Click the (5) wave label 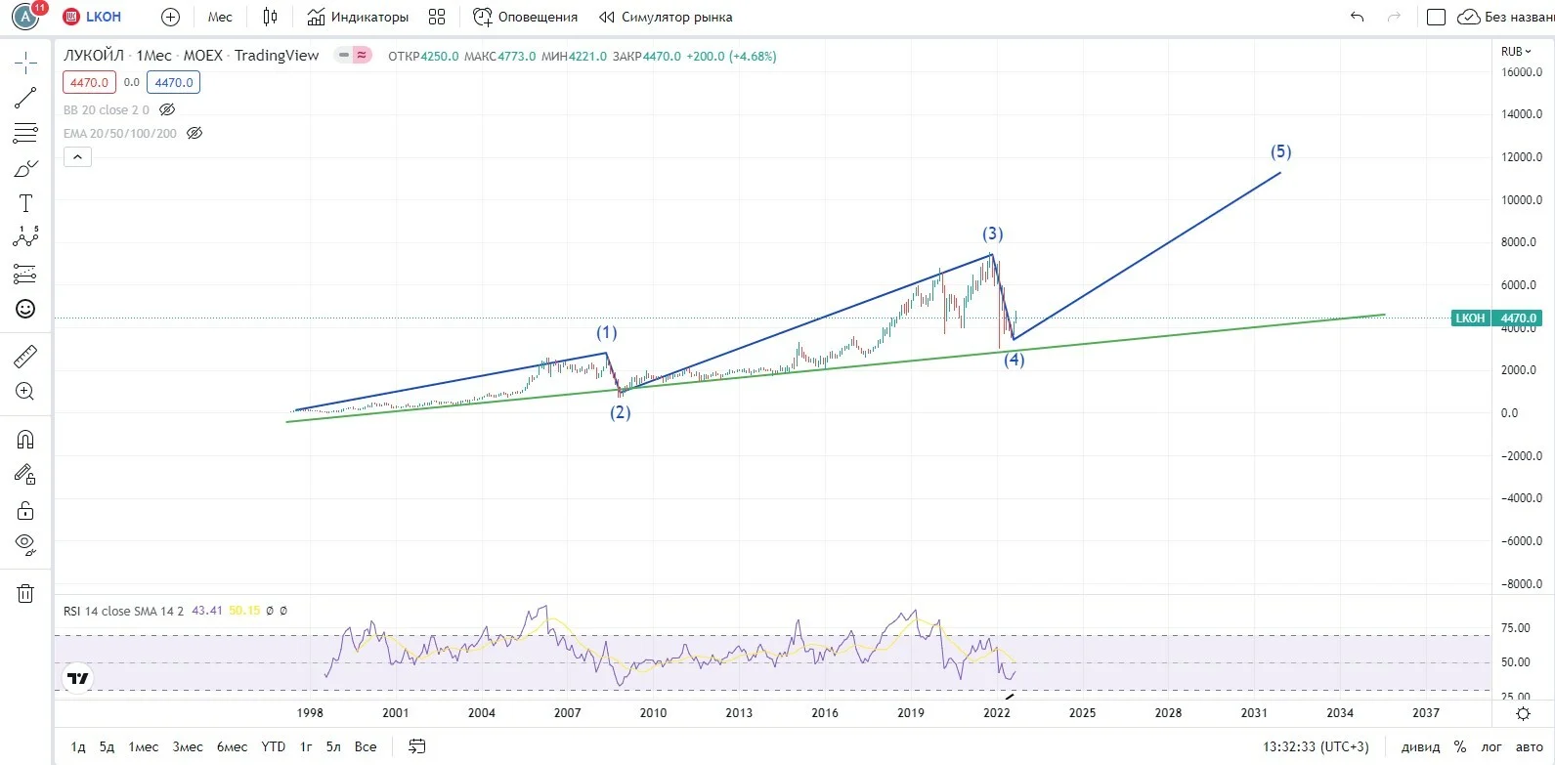[x=1280, y=151]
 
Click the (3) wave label [x=992, y=234]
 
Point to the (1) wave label [x=607, y=332]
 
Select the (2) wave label [x=620, y=412]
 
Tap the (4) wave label [x=1015, y=359]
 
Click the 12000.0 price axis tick [x=1522, y=157]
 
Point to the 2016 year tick [x=825, y=713]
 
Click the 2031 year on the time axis [x=1254, y=713]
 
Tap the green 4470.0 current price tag [x=1518, y=318]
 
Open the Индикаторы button [x=358, y=17]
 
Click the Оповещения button [x=525, y=17]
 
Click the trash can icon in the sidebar [x=25, y=594]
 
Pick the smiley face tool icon [x=25, y=309]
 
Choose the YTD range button [x=273, y=747]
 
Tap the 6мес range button [x=232, y=747]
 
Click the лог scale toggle [x=1491, y=747]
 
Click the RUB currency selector [x=1516, y=52]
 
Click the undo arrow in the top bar [x=1358, y=17]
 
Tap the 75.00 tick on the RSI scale [x=1516, y=628]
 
